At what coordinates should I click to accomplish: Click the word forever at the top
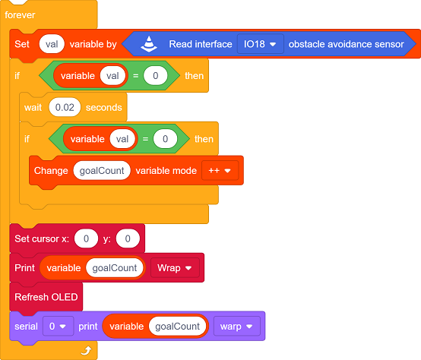[20, 15]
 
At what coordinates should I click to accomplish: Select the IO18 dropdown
[260, 44]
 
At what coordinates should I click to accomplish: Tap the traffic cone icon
[149, 44]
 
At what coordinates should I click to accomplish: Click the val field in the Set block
[52, 44]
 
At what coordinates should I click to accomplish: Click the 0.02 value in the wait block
[65, 107]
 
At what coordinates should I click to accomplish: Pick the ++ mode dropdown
[220, 171]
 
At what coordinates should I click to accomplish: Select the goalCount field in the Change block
[102, 171]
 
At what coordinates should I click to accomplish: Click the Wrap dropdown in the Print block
[175, 267]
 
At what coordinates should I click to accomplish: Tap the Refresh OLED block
[46, 297]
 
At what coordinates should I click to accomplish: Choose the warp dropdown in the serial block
[237, 326]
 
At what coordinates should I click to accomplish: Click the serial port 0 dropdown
[58, 326]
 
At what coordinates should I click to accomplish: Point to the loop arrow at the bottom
[86, 350]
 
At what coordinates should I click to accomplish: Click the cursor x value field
[86, 238]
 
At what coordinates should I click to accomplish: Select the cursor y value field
[128, 238]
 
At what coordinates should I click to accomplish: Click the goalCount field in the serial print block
[177, 326]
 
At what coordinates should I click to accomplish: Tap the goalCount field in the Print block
[115, 267]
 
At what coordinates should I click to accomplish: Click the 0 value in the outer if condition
[156, 76]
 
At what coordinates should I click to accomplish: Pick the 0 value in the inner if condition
[165, 139]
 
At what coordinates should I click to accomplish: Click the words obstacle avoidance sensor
[346, 44]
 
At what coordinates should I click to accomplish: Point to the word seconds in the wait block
[104, 107]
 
